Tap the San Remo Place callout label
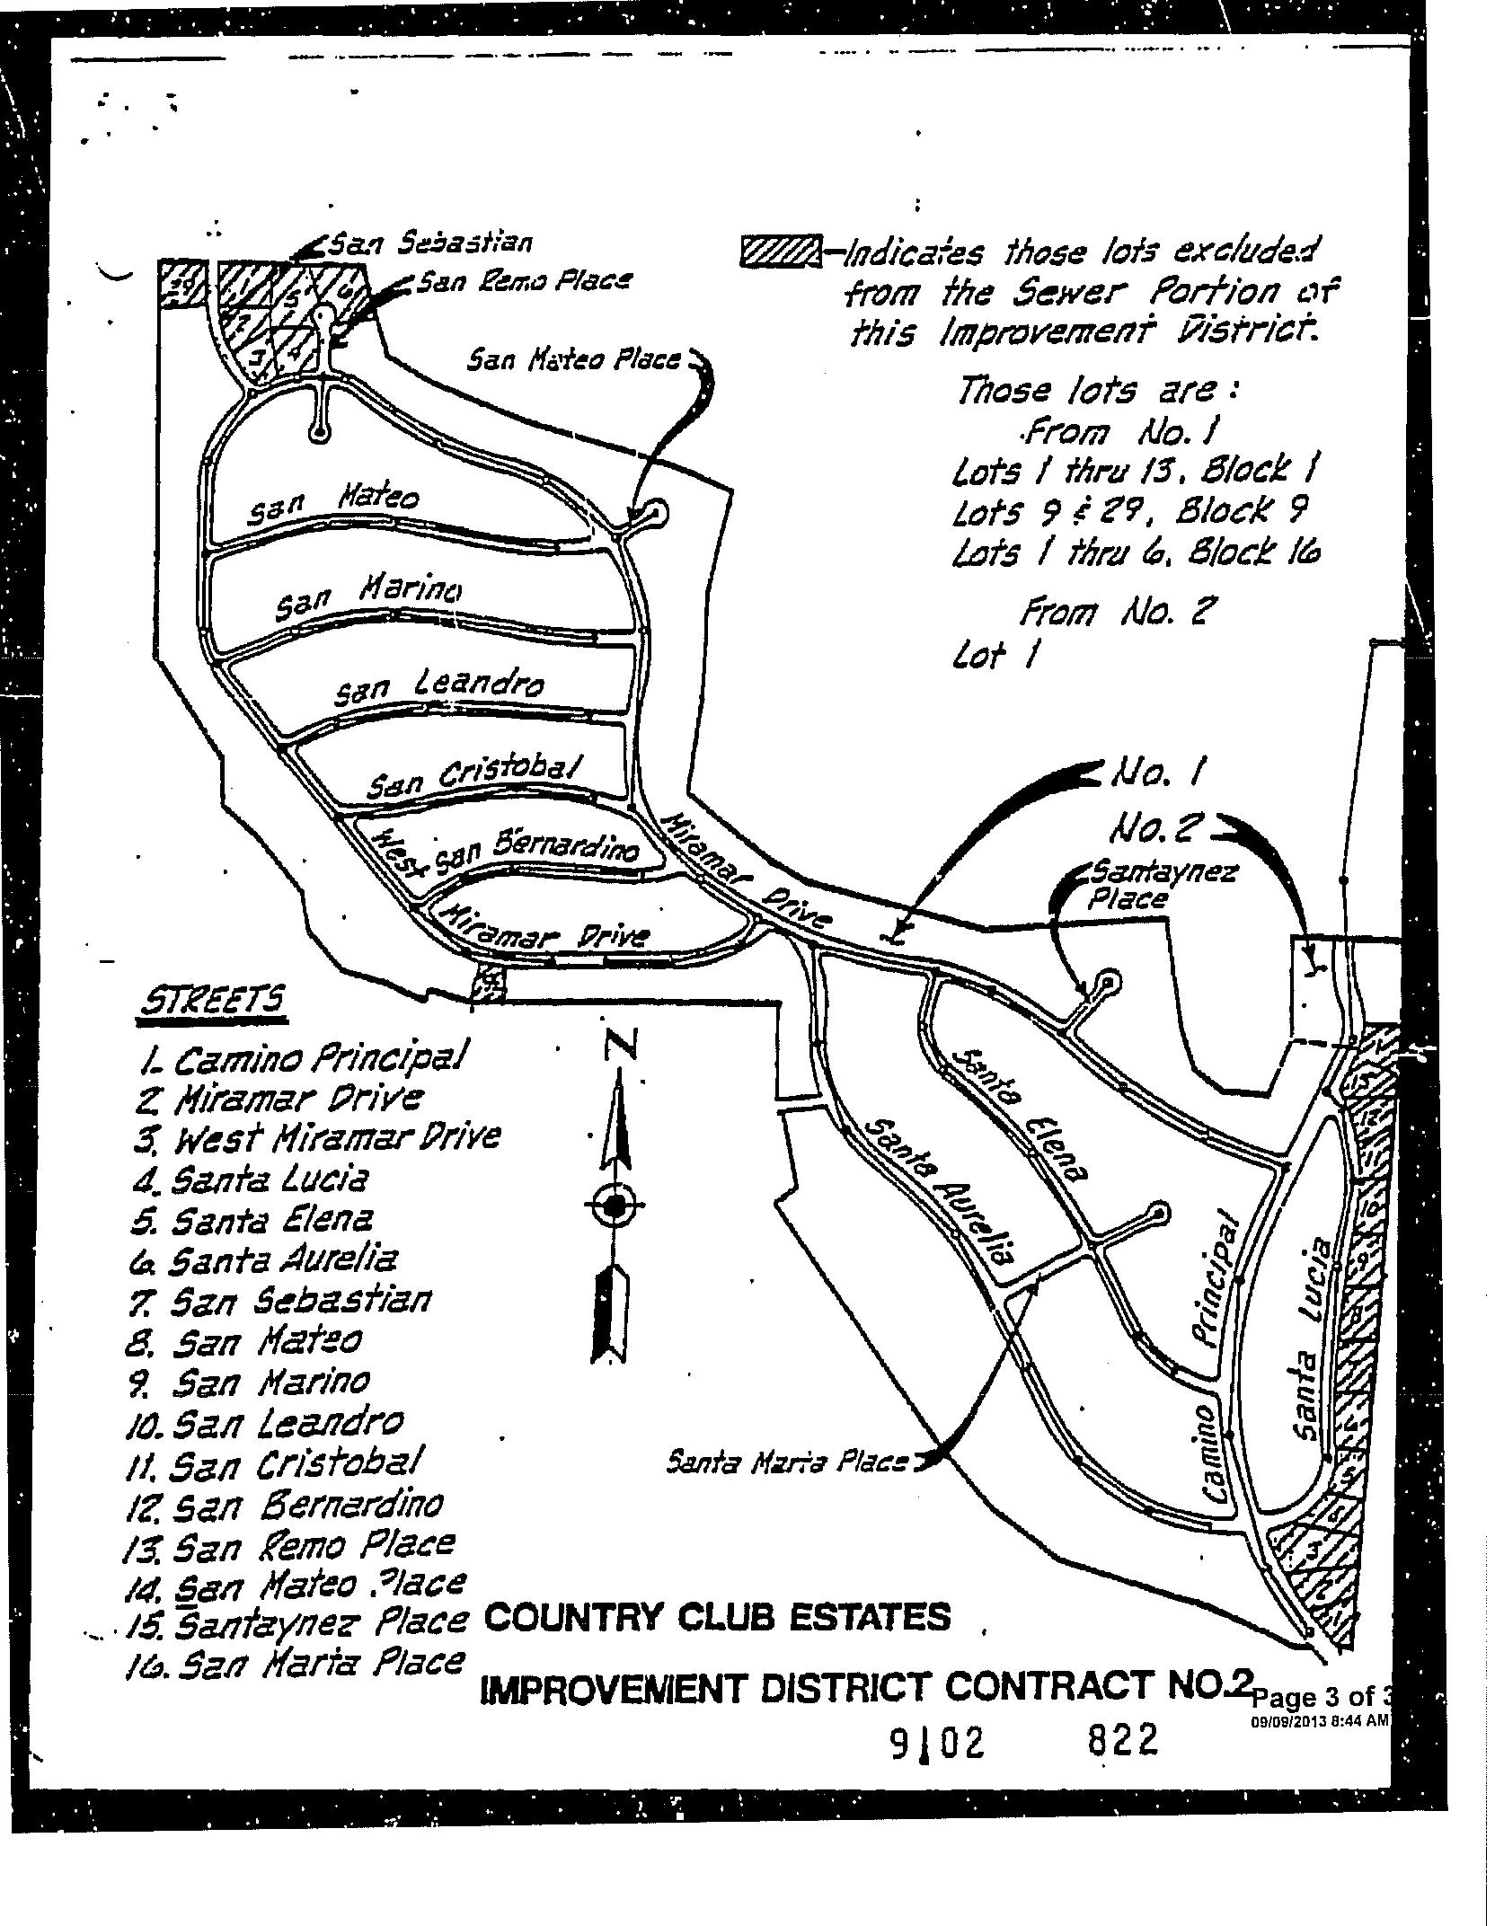(525, 282)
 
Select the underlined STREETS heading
(213, 1002)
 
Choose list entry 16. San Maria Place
(296, 1665)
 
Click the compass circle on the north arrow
(615, 1206)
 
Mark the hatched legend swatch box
(780, 252)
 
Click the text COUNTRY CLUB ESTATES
(716, 1617)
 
